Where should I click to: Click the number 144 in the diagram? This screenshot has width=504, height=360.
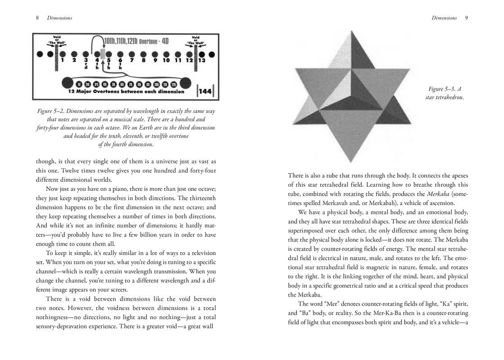coord(205,91)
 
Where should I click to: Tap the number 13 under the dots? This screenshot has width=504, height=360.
coord(202,60)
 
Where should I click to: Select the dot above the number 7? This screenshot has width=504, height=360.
coord(132,54)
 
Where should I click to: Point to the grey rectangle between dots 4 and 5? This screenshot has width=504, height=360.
coord(103,54)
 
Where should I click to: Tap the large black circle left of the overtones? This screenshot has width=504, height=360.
coord(67,83)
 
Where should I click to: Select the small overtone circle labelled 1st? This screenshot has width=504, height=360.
coord(79,84)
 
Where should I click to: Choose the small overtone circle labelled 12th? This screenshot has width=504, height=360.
coord(173,84)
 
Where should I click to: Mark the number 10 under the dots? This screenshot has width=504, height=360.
coord(166,60)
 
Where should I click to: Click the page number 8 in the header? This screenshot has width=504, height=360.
coord(37,18)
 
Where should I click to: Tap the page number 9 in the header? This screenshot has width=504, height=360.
coord(467,18)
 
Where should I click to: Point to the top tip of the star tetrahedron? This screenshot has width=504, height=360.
coord(352,31)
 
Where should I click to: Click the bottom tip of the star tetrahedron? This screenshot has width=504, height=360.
coord(352,162)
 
